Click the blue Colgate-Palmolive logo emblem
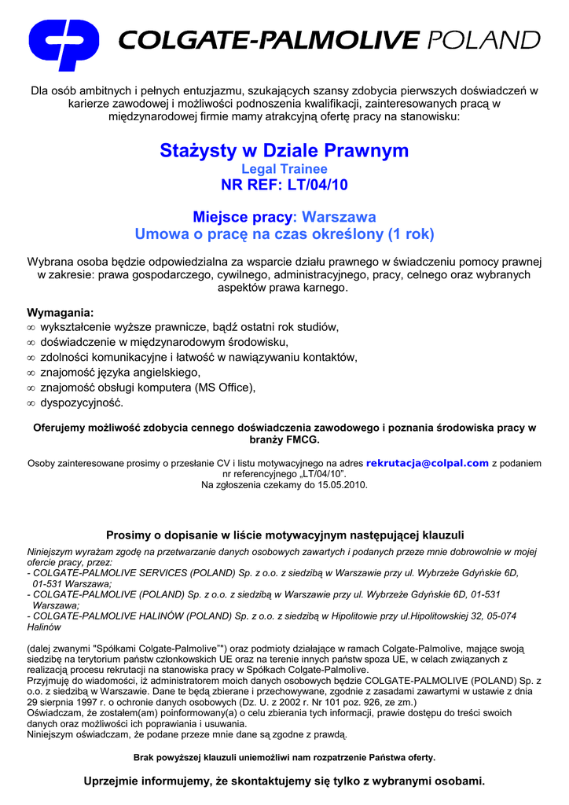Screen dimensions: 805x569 pos(64,45)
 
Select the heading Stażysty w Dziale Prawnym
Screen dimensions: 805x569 pos(284,150)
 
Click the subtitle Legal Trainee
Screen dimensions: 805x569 pos(284,169)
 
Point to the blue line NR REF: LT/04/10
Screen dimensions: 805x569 pos(284,186)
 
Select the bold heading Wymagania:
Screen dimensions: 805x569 pos(61,312)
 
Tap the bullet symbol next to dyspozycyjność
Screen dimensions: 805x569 pos(31,403)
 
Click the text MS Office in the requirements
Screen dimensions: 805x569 pos(225,388)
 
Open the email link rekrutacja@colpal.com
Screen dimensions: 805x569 pos(427,463)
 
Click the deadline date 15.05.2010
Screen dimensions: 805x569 pos(341,485)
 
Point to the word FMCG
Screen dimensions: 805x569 pos(300,441)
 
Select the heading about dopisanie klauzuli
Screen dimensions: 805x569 pos(284,535)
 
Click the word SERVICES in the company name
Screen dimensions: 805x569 pos(158,573)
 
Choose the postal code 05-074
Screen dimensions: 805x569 pos(499,617)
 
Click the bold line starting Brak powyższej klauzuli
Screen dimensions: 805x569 pos(284,758)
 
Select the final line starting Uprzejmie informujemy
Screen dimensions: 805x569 pos(284,781)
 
